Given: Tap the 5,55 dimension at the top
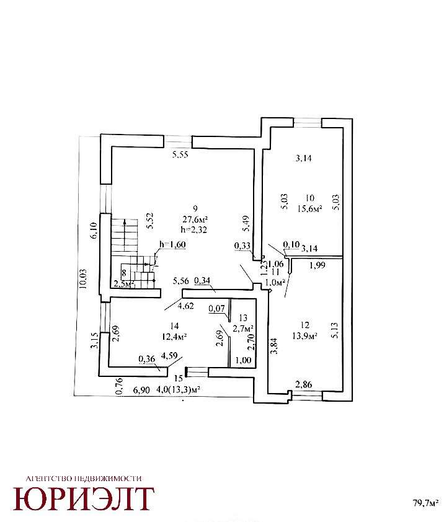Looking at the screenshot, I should (180, 155).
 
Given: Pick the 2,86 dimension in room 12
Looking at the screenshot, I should (303, 385).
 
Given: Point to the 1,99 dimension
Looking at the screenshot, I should (317, 265).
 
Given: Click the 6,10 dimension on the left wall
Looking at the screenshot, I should (95, 232).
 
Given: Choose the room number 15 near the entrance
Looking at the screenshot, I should (178, 378).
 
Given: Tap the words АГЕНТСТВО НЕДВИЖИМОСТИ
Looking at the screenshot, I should (84, 478).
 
